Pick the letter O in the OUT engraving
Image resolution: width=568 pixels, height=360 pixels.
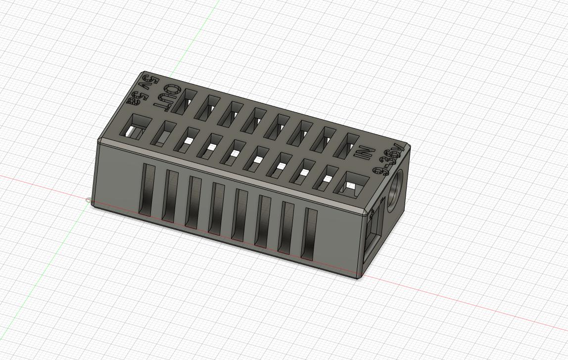pyautogui.click(x=173, y=90)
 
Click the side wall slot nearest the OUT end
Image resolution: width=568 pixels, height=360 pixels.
pyautogui.click(x=147, y=190)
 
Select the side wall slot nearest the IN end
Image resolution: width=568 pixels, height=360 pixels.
pyautogui.click(x=309, y=234)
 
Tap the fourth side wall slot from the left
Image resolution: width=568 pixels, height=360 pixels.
pyautogui.click(x=217, y=209)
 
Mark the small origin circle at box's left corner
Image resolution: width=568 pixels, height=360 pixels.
pyautogui.click(x=89, y=200)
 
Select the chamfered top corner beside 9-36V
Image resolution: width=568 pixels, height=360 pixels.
pyautogui.click(x=407, y=146)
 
